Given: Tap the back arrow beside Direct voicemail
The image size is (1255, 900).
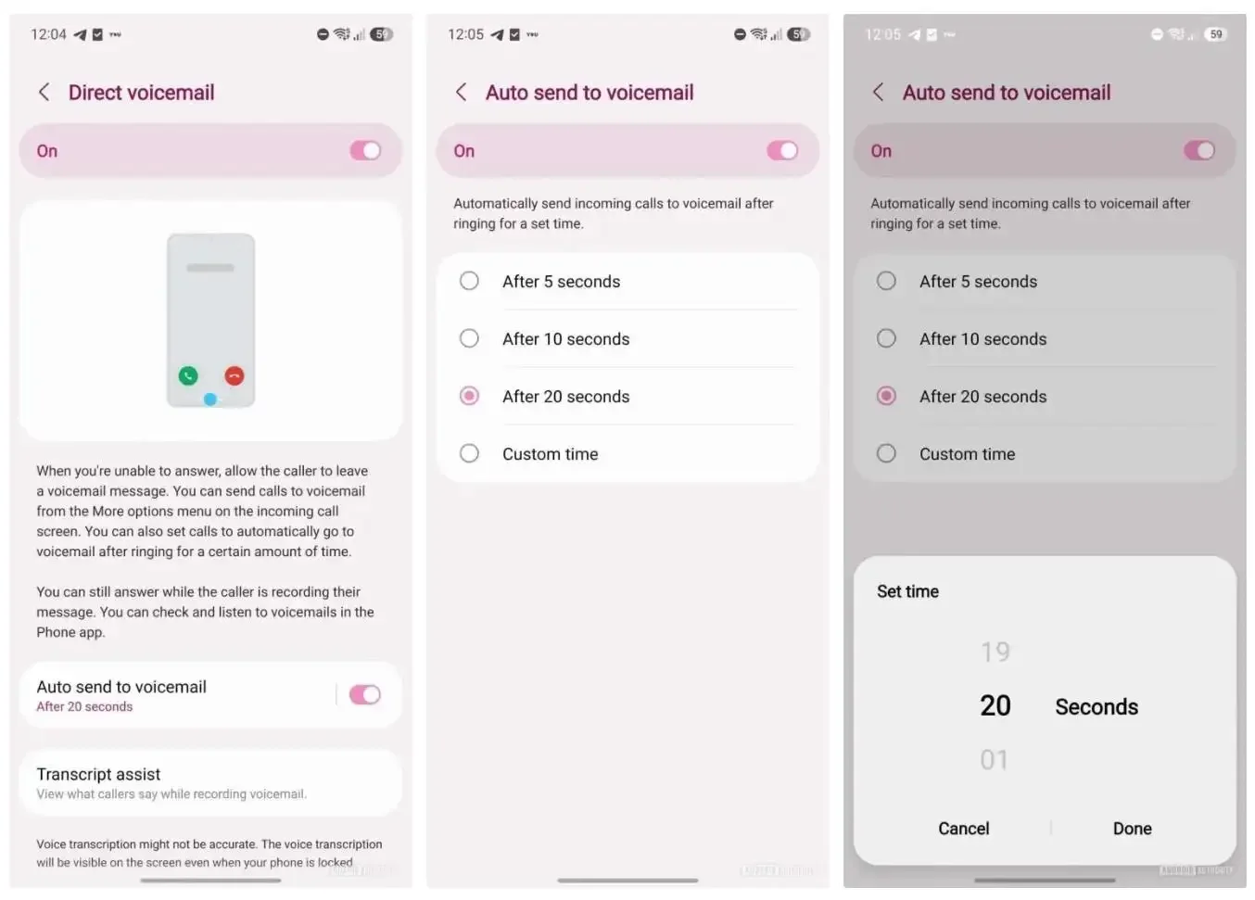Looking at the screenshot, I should pyautogui.click(x=44, y=92).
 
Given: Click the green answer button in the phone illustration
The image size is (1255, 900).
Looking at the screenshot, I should pyautogui.click(x=188, y=375).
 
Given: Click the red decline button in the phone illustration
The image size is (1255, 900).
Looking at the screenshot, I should pyautogui.click(x=235, y=375).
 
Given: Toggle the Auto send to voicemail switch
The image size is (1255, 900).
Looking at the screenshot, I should pyautogui.click(x=364, y=694).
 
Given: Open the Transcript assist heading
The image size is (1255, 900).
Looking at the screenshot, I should pyautogui.click(x=98, y=774).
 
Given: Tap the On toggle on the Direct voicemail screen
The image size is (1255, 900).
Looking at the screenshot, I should pyautogui.click(x=365, y=150).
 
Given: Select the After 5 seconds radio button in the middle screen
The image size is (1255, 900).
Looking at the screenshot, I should pyautogui.click(x=469, y=281).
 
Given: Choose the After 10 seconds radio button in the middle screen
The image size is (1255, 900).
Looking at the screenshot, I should pyautogui.click(x=469, y=338).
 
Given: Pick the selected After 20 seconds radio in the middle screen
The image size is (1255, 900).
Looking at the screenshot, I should pyautogui.click(x=469, y=396).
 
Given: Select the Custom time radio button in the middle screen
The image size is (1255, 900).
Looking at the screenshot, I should pyautogui.click(x=469, y=453).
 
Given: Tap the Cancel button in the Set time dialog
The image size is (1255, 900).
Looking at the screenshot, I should pyautogui.click(x=963, y=829).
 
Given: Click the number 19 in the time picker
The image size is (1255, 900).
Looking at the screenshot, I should pyautogui.click(x=995, y=652).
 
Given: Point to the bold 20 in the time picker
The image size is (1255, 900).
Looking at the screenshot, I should pyautogui.click(x=995, y=705).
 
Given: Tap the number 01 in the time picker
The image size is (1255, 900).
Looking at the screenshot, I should pyautogui.click(x=995, y=760).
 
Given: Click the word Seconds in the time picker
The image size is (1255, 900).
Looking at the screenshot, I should pyautogui.click(x=1097, y=706).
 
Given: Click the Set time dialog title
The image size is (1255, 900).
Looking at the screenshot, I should pyautogui.click(x=907, y=591).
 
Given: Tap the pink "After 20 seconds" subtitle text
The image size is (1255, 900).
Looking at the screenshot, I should pyautogui.click(x=84, y=706).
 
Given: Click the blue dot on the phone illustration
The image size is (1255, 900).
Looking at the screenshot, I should pyautogui.click(x=210, y=399).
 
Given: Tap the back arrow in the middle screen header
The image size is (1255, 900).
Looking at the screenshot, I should pyautogui.click(x=461, y=92).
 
